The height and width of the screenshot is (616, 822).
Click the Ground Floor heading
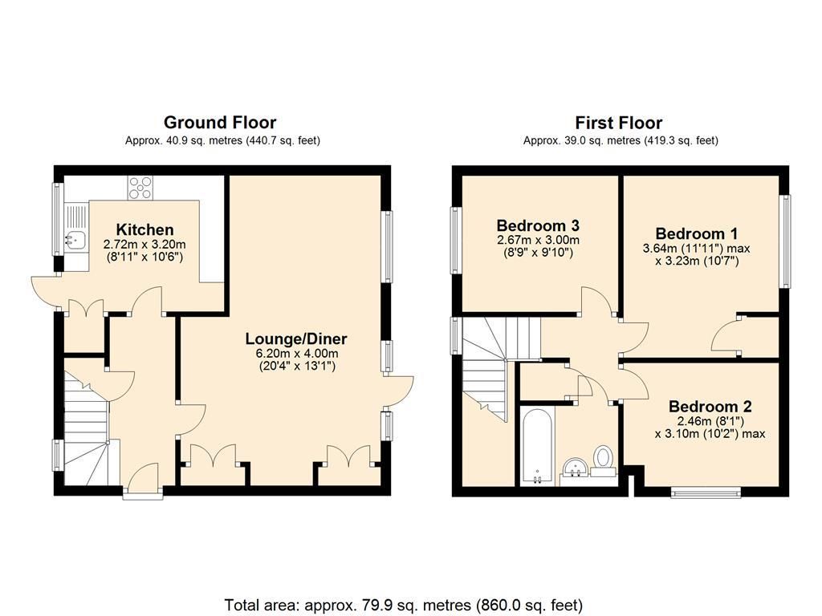[x=220, y=123]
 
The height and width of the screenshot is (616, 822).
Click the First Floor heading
[x=618, y=123]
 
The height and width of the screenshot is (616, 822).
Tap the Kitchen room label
[x=144, y=230]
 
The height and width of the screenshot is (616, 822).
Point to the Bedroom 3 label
[x=537, y=225]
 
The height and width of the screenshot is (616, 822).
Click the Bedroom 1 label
[x=696, y=233]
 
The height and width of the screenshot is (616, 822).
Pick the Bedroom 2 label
[x=710, y=406]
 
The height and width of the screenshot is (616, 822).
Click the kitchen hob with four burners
[x=140, y=188]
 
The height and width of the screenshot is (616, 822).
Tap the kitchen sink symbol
[x=76, y=238]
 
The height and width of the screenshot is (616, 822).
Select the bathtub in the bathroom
[x=534, y=446]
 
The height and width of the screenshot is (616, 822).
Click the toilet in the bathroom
[x=604, y=459]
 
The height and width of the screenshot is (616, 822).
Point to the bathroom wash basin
[x=574, y=468]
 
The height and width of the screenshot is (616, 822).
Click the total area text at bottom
[x=404, y=605]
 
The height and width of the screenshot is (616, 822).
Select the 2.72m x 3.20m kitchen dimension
[x=144, y=245]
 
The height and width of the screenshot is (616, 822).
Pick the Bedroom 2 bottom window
[x=706, y=492]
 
